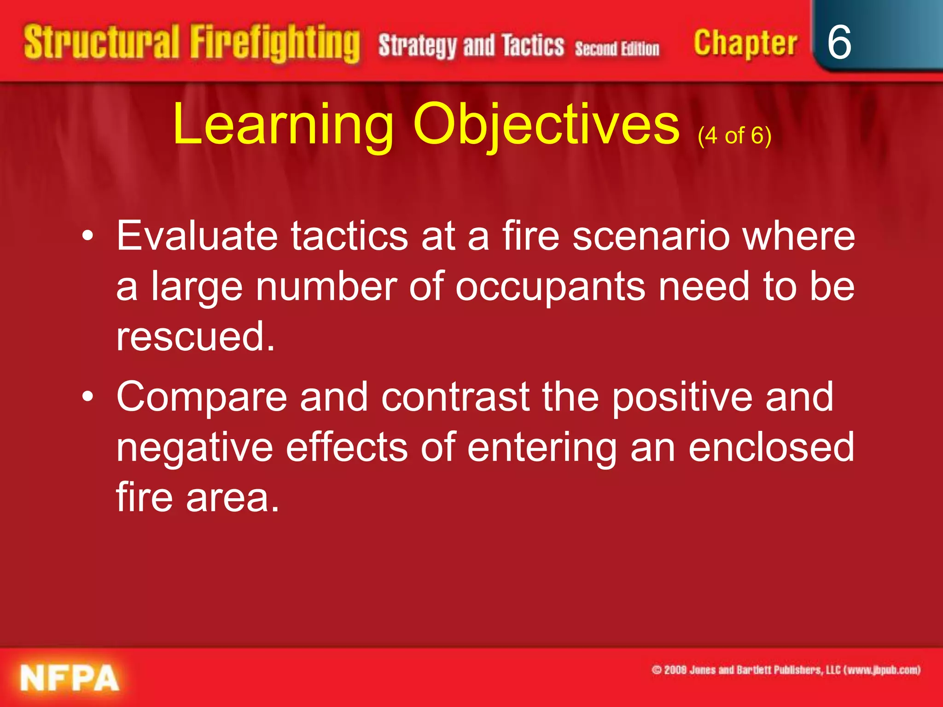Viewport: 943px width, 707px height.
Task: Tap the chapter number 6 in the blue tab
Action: pyautogui.click(x=839, y=42)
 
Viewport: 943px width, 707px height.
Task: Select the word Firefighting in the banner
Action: pyautogui.click(x=275, y=44)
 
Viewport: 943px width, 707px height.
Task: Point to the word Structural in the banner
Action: pyautogui.click(x=101, y=42)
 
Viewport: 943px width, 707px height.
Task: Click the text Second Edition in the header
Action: pyautogui.click(x=617, y=48)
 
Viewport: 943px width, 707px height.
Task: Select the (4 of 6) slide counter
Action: pyautogui.click(x=734, y=135)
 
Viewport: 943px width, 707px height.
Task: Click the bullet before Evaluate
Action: pyautogui.click(x=87, y=237)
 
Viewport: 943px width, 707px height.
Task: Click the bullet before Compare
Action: pyautogui.click(x=87, y=397)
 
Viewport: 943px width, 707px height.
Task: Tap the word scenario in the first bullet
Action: pyautogui.click(x=651, y=236)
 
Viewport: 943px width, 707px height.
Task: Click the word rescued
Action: pyautogui.click(x=195, y=337)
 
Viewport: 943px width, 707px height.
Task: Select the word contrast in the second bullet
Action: pyautogui.click(x=455, y=397)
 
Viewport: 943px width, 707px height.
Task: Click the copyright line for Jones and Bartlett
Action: pyautogui.click(x=786, y=670)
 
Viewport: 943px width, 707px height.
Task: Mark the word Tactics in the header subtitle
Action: pyautogui.click(x=533, y=46)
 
